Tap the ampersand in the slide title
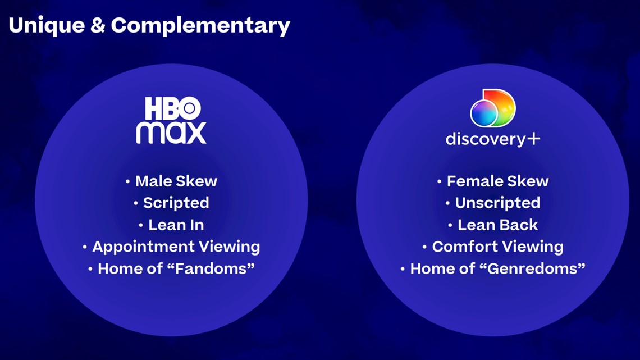98,25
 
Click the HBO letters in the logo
173,108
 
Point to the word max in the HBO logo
171,133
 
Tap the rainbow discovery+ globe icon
493,108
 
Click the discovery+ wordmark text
493,139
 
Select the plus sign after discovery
533,139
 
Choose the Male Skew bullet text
176,181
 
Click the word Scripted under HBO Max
176,203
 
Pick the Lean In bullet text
176,225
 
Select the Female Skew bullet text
497,181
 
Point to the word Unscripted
497,203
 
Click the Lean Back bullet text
497,225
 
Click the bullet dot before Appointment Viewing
85,247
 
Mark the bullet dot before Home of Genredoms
403,269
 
